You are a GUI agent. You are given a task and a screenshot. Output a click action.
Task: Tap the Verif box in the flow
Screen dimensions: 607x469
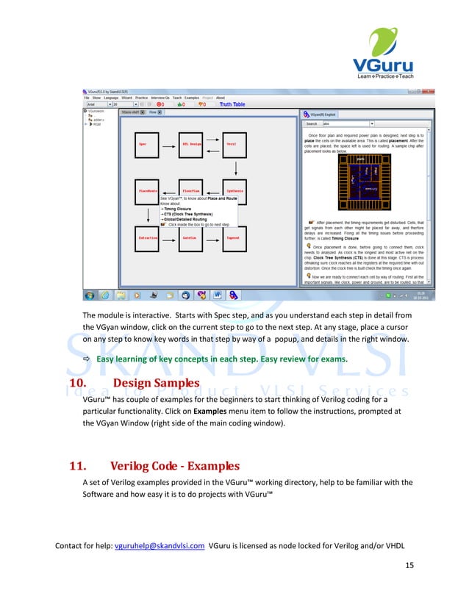click(234, 144)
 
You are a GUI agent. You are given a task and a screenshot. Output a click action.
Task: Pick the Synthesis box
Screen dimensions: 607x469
click(234, 191)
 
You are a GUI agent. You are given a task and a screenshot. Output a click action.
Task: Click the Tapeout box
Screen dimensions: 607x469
click(234, 238)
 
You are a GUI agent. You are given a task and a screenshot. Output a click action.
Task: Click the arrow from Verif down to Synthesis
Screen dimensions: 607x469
click(234, 168)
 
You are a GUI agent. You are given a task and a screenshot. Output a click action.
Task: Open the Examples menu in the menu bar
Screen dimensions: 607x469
click(192, 98)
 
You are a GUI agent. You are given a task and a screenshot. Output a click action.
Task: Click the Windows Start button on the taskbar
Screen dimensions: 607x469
click(89, 295)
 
